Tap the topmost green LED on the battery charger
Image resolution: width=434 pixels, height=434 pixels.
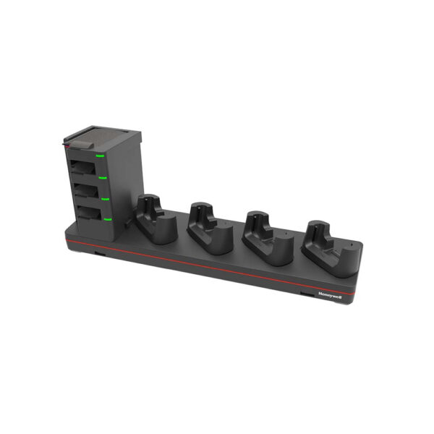tap(103, 155)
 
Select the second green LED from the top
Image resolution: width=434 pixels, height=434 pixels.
tap(103, 176)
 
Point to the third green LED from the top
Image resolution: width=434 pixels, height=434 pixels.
tap(106, 196)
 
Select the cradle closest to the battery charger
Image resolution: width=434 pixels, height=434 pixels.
tap(156, 221)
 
